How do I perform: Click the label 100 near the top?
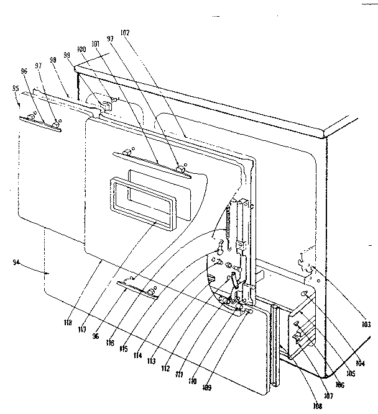pyautogui.click(x=81, y=49)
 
